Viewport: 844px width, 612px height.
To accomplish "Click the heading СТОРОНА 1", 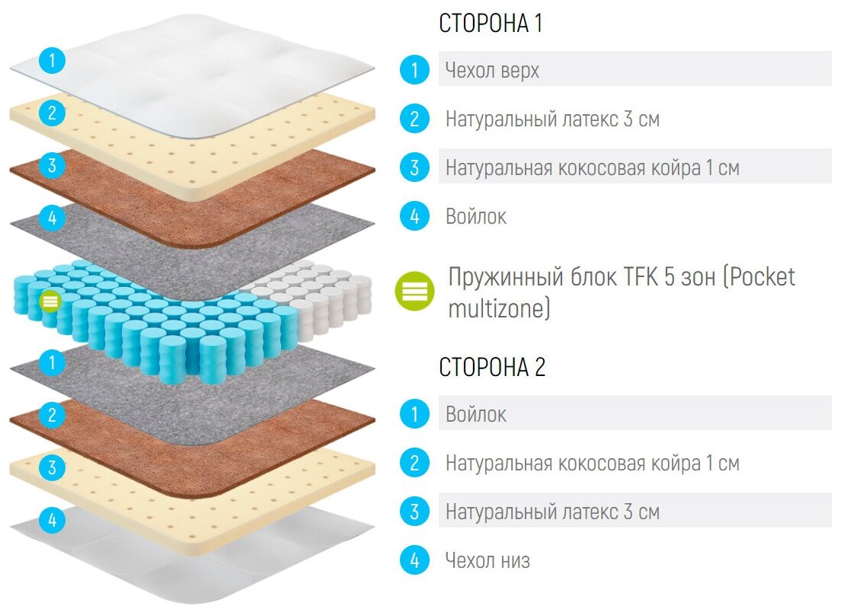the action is coord(491,24).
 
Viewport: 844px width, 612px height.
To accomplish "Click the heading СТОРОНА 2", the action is coord(492,367).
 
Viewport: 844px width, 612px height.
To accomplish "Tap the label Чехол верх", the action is coord(492,71).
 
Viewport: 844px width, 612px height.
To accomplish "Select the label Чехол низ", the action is coord(488,561).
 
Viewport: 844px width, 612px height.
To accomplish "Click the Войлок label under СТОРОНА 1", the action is coord(476,216).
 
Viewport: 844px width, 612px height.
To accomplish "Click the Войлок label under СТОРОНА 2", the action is coord(476,414).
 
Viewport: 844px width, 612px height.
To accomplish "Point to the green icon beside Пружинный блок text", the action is coord(414,290).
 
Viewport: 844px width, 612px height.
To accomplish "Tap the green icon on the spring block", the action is coord(50,301).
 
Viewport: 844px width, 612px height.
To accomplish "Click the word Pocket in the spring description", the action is coord(761,276).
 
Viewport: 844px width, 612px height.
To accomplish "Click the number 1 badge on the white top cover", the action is coord(52,60).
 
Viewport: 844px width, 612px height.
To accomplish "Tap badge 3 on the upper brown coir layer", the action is coord(52,165).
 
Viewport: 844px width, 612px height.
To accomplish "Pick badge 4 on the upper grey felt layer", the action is coord(52,218).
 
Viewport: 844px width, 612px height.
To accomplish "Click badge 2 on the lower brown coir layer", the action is coord(52,415).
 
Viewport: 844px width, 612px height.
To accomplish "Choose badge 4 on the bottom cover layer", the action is coord(52,521).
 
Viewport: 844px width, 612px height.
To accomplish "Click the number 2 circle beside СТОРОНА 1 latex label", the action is coord(414,119).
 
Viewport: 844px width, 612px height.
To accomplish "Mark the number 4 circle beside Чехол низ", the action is coord(414,561).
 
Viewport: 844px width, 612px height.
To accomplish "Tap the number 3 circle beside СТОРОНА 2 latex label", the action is coord(414,512).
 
